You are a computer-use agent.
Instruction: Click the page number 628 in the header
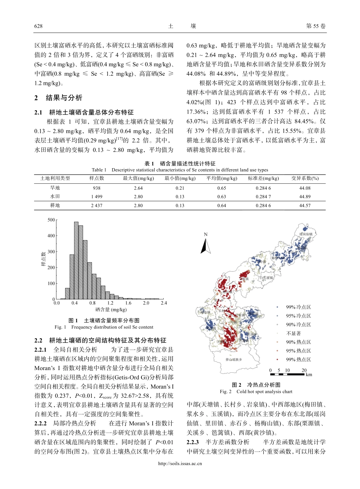pos(38,26)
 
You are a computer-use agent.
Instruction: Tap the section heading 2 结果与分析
pos(58,98)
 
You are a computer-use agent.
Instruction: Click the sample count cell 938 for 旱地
pos(97,188)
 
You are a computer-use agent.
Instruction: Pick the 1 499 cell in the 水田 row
pos(97,197)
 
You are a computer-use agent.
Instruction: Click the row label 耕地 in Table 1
pos(55,206)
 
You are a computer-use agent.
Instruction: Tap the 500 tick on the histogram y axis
pos(51,220)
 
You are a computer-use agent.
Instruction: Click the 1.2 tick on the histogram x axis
pos(110,303)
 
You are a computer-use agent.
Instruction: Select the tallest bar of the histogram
pos(76,261)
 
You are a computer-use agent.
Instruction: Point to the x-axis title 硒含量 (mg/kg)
pos(111,310)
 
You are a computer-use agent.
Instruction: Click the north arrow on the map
pos(205,245)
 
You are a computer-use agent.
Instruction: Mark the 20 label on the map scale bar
pos(304,370)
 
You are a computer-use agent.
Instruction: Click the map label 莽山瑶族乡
pos(233,359)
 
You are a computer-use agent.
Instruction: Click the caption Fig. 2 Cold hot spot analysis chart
pos(256,392)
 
